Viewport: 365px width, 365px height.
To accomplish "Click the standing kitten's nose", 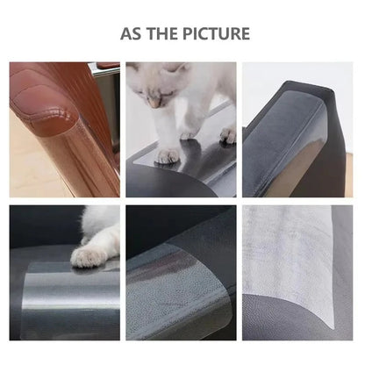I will pyautogui.click(x=154, y=103).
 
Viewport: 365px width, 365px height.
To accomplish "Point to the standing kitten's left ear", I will pyautogui.click(x=182, y=68).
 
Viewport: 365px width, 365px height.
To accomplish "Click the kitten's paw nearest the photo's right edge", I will pyautogui.click(x=227, y=133).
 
